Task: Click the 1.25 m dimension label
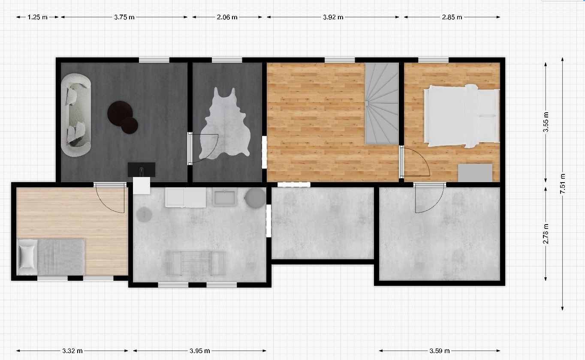37,17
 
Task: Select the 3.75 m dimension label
124,17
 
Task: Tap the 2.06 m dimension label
227,17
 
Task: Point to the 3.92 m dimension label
333,17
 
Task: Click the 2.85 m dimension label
452,17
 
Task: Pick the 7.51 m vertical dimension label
562,184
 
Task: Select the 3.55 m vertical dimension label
546,123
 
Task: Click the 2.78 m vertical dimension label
546,234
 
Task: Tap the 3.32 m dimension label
72,351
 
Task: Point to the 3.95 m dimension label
200,351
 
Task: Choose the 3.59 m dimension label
439,351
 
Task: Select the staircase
382,103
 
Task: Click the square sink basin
225,198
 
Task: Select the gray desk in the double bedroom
475,173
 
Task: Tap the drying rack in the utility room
196,262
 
